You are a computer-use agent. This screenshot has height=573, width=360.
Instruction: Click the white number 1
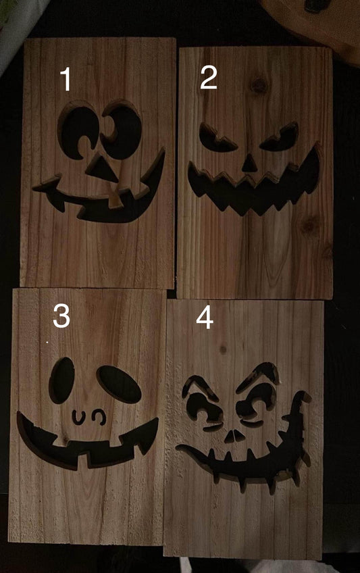tap(66, 79)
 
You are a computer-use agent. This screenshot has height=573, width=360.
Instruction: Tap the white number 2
tap(209, 78)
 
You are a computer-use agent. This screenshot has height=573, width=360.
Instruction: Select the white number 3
tap(61, 316)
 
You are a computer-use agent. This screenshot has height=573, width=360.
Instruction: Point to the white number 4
tap(205, 317)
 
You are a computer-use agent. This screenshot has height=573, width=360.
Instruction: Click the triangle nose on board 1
tap(101, 169)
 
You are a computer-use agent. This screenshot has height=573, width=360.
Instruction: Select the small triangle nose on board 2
tap(249, 164)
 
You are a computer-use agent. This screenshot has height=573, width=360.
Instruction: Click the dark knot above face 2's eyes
tap(259, 85)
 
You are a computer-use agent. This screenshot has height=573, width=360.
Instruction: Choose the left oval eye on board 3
tap(61, 380)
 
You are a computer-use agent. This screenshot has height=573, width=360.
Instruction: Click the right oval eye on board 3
tap(119, 384)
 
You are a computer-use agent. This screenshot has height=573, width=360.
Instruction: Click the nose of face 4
tap(234, 437)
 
